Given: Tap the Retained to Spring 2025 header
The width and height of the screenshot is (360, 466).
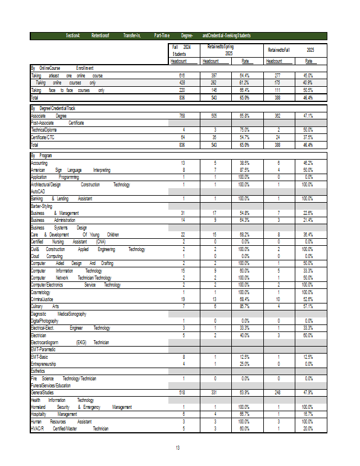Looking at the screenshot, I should (220, 50).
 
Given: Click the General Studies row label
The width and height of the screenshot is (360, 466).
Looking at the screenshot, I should (41, 393).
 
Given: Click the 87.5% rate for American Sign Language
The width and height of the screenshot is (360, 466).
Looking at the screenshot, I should (245, 170).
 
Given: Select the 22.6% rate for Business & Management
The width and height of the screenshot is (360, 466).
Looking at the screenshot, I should (308, 213).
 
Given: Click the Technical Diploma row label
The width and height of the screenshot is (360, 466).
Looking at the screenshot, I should (44, 130).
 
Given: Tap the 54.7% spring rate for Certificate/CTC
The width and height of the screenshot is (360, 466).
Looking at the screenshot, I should (245, 137).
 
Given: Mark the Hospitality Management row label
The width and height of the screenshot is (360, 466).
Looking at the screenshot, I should (54, 414).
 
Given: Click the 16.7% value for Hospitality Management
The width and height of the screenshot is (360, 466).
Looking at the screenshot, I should (308, 414).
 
